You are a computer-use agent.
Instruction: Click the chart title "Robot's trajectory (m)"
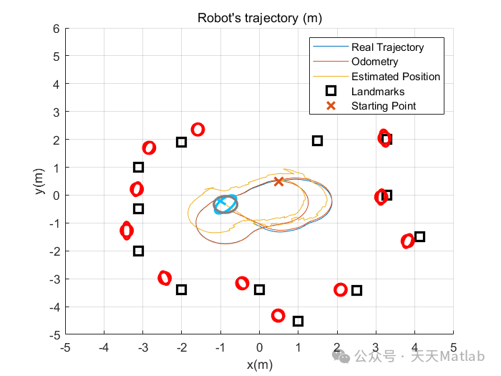(x=258, y=18)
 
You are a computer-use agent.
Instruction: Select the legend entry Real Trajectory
(x=387, y=47)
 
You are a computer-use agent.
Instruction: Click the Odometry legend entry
(x=374, y=62)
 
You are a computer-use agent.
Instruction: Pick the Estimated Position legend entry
(x=396, y=77)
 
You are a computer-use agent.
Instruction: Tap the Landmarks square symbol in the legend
(x=330, y=92)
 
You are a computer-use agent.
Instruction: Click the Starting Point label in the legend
(x=383, y=106)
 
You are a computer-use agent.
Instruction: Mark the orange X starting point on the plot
(x=279, y=181)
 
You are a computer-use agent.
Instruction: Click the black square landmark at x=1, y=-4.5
(x=298, y=321)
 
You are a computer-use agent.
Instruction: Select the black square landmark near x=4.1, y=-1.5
(x=419, y=237)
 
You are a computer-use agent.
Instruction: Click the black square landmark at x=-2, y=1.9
(x=182, y=142)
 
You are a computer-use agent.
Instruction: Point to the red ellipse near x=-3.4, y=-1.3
(x=127, y=231)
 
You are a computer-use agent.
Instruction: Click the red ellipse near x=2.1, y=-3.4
(x=341, y=290)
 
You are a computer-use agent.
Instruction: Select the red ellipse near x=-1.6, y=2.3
(x=198, y=130)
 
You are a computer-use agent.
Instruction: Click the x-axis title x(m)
(x=259, y=365)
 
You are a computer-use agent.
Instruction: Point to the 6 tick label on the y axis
(x=54, y=29)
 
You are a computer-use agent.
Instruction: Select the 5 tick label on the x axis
(x=453, y=348)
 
